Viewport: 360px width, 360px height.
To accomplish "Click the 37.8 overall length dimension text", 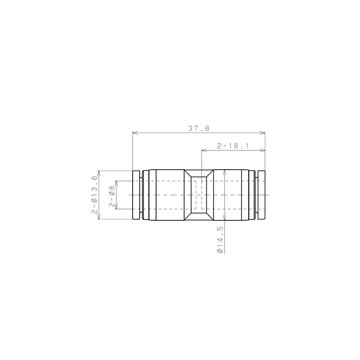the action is (x=199, y=128).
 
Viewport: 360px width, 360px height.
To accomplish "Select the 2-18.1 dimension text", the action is (x=233, y=146).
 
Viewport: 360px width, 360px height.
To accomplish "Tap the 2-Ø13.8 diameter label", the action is (x=95, y=195).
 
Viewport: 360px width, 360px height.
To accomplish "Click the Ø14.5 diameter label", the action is (x=220, y=240).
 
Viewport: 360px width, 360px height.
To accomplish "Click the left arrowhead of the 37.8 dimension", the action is (x=135, y=133).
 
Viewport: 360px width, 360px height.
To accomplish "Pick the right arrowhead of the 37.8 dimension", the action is (x=262, y=133).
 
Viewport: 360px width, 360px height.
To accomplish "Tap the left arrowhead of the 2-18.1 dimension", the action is (x=204, y=150).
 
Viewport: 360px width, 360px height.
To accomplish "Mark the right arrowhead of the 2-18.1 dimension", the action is (x=262, y=150).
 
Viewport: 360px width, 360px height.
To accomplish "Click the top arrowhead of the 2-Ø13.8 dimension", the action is (x=99, y=173).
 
